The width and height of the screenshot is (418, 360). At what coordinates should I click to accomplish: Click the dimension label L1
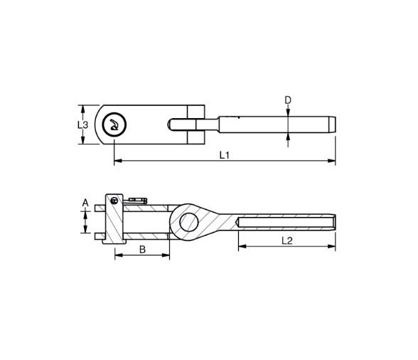pos(224,154)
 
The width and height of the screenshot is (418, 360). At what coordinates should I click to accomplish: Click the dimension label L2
pos(287,240)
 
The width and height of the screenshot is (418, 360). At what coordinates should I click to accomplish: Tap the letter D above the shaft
pos(288,100)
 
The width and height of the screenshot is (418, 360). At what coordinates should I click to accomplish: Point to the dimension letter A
pos(85,203)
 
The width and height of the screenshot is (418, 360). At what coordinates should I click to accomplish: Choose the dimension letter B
pos(142,249)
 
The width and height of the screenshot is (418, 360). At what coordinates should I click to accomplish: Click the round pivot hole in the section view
pos(188,221)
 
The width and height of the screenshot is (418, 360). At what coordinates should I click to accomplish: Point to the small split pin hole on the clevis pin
pos(115,202)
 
